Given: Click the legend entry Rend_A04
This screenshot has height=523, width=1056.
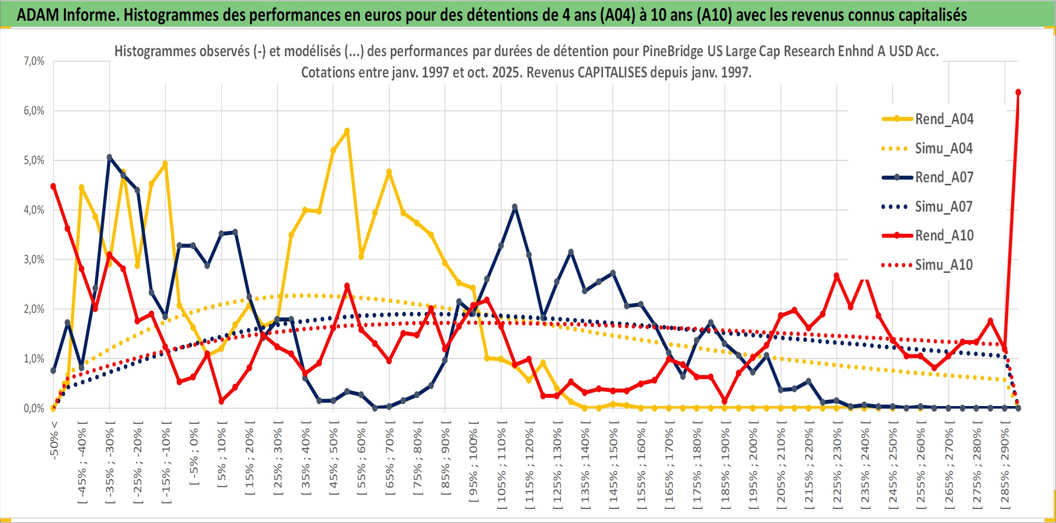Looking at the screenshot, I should (944, 119).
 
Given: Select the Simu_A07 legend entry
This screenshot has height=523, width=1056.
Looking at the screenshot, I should (944, 207).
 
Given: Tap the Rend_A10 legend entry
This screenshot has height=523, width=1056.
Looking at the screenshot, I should (944, 235).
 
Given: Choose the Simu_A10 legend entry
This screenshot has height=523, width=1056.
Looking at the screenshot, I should (944, 265).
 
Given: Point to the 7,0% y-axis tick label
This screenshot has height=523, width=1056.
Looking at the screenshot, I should (34, 61).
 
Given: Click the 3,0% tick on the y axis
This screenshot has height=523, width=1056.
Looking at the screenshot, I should (34, 260).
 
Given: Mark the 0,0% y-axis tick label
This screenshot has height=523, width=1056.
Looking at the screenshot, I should (34, 409).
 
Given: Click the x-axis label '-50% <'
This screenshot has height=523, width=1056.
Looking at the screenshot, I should (54, 440).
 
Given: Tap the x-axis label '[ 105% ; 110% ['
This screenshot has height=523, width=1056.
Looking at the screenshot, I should (501, 466).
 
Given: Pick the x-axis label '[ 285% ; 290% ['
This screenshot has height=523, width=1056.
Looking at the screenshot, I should (1004, 466).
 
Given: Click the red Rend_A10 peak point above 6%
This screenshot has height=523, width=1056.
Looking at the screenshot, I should (1018, 92).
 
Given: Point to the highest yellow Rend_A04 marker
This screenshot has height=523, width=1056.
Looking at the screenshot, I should (347, 131).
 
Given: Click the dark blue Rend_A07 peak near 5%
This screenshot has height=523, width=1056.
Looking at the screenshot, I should (109, 157).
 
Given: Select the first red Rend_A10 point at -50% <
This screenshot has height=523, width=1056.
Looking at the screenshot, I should (53, 186).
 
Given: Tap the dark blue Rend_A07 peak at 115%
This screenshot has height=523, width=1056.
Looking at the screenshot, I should (515, 207).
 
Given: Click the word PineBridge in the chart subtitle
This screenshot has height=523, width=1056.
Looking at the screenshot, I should (673, 51).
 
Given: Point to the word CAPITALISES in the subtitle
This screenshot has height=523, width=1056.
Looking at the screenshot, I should (612, 72).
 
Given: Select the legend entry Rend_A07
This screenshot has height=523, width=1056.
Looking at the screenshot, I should (944, 177).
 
